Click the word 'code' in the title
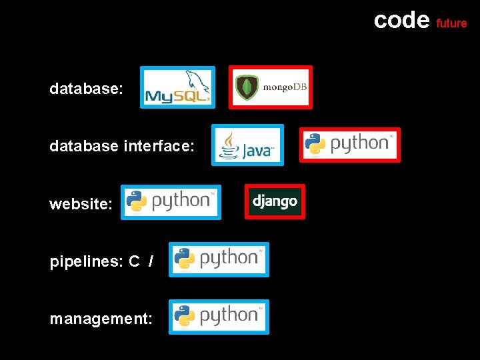(x=401, y=20)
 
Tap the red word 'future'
(x=451, y=23)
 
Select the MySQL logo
(x=177, y=87)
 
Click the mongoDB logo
(x=271, y=87)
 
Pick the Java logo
(x=247, y=145)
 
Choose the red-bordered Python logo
(x=350, y=145)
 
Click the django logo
(x=275, y=201)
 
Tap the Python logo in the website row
(x=171, y=202)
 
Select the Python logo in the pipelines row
(x=219, y=259)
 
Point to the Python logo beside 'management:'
(x=219, y=317)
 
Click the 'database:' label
(x=86, y=89)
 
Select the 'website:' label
(x=81, y=204)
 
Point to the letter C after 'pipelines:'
(x=134, y=262)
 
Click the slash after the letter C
(x=151, y=262)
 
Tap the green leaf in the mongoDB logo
(x=248, y=88)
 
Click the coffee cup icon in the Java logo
(x=230, y=145)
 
